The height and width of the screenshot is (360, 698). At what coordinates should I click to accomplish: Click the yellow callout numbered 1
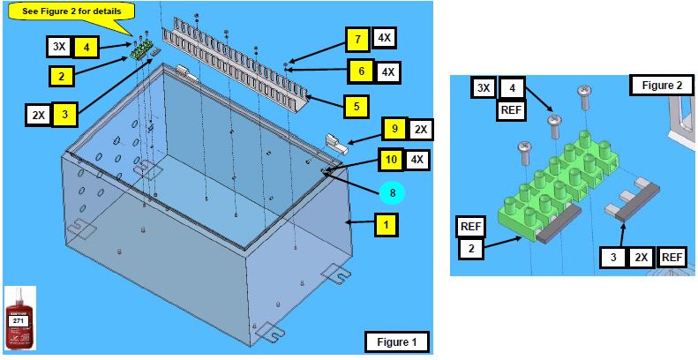point(385,225)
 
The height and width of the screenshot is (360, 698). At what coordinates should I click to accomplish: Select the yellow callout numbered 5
point(356,106)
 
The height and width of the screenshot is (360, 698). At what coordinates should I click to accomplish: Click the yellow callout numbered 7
point(357,39)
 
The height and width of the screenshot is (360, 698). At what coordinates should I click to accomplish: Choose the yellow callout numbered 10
point(391,160)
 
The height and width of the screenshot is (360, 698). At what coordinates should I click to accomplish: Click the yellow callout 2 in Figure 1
point(61,76)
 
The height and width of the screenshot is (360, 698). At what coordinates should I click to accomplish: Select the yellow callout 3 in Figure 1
point(64,113)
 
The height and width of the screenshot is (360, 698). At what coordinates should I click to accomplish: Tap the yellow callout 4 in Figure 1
point(86,46)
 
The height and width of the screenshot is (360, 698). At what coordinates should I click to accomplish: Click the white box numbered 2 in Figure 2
point(470,249)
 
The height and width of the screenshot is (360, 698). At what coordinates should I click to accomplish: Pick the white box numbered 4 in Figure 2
point(513,88)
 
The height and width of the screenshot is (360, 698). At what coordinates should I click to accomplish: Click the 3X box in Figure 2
point(483,88)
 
